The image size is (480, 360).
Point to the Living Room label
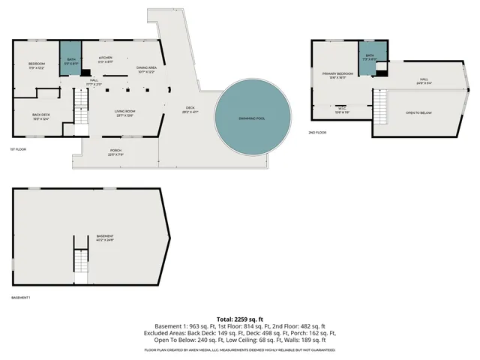124,112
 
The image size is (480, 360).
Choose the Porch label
115,152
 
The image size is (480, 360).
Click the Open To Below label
418,112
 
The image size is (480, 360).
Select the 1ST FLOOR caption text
19,149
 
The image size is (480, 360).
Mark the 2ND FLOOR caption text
318,132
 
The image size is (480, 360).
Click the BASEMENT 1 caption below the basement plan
21,298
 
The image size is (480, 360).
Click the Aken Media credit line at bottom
240,349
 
